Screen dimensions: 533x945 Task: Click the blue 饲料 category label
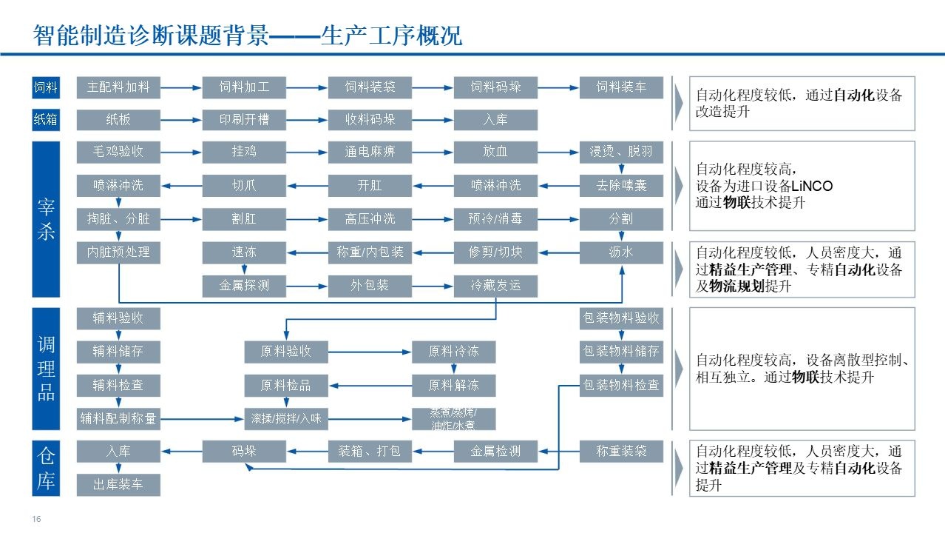click(x=45, y=87)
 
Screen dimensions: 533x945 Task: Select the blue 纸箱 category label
click(x=45, y=119)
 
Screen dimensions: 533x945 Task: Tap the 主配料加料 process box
click(x=118, y=87)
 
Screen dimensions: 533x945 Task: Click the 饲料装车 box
click(x=621, y=87)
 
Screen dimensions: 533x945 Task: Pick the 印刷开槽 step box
click(x=244, y=120)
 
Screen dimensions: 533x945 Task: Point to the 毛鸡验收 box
click(x=118, y=152)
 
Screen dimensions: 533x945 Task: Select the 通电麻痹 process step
click(x=370, y=152)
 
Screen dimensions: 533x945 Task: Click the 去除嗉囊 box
click(x=621, y=185)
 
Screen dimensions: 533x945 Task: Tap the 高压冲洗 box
click(x=370, y=218)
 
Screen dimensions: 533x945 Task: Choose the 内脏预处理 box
click(x=118, y=252)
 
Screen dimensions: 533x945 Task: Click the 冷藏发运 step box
click(x=495, y=285)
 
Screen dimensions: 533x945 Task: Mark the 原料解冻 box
click(x=453, y=385)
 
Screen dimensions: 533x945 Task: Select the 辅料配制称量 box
click(x=118, y=418)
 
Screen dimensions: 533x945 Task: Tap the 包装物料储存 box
click(x=621, y=352)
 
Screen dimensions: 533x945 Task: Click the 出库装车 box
click(x=118, y=486)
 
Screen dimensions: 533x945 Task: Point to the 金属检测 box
click(x=495, y=451)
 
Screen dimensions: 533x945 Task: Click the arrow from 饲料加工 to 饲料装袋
click(x=307, y=88)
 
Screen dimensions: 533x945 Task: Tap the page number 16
click(x=35, y=519)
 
